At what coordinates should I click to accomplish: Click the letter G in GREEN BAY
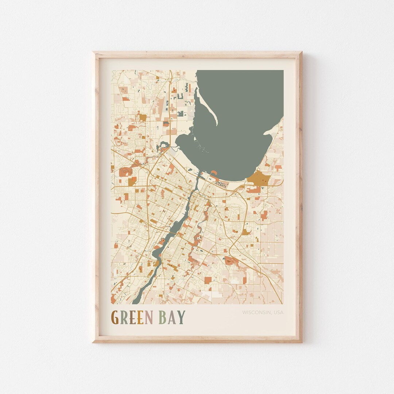(x=115, y=317)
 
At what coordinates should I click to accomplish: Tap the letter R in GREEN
(x=124, y=317)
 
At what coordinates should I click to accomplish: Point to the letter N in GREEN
(x=148, y=317)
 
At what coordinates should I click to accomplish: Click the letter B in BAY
(x=162, y=317)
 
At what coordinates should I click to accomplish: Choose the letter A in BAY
(x=171, y=317)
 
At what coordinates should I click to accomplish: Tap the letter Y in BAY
(x=181, y=317)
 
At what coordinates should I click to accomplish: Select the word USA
(x=278, y=312)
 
